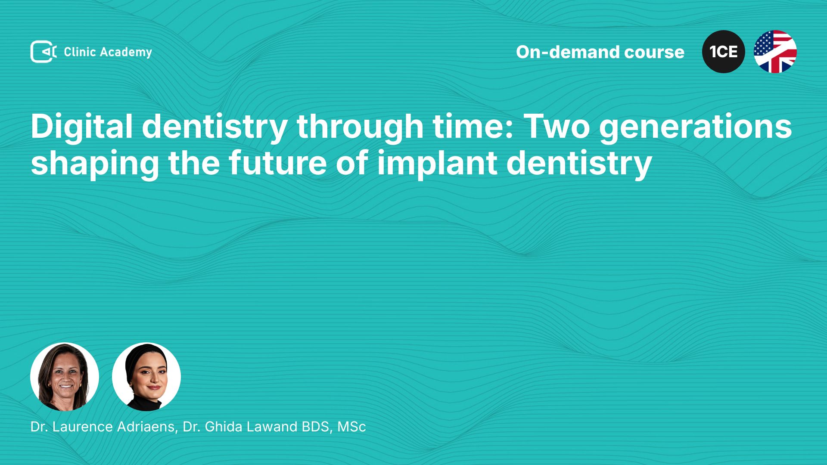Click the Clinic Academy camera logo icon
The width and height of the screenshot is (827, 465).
point(44,52)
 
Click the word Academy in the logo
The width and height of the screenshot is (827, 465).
point(126,53)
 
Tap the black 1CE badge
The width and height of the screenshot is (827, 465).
point(724,52)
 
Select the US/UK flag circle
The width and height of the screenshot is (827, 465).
point(775,52)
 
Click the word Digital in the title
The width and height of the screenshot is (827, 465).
point(81,127)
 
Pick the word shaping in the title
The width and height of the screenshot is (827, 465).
point(95,164)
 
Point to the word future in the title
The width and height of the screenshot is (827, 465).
point(277,163)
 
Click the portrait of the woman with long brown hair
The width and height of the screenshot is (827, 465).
point(65,377)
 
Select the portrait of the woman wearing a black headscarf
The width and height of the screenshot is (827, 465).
point(146,377)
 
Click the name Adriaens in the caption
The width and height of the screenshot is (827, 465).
point(147,427)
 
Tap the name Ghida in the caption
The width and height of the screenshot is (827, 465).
point(222,427)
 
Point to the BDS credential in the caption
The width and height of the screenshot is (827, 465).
point(318,427)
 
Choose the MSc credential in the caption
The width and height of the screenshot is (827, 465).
point(351,427)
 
